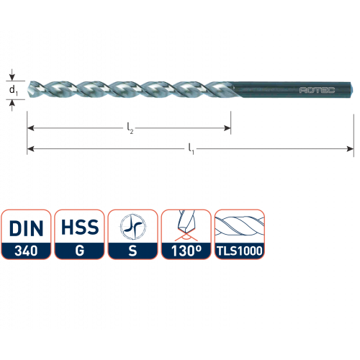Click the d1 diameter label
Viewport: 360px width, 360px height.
[14, 91]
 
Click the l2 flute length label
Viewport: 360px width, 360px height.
[130, 128]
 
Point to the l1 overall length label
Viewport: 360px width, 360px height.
[191, 149]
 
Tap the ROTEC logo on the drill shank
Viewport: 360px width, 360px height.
[317, 90]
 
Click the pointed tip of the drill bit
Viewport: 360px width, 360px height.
[29, 90]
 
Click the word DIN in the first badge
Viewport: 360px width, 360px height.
[26, 228]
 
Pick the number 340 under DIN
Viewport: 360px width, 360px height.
[26, 251]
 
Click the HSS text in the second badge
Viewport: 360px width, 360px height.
[80, 227]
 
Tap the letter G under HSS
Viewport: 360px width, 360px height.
[80, 251]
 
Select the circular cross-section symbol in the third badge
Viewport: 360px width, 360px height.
[132, 227]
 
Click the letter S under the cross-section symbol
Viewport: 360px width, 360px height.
[132, 251]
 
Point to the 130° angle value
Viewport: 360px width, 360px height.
[186, 251]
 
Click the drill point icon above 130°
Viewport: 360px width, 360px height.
[186, 225]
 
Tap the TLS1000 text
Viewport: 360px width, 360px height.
[240, 251]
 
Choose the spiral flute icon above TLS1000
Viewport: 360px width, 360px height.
[240, 227]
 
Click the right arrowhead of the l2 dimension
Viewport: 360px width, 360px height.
[227, 128]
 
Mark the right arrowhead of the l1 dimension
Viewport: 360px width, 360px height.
[350, 149]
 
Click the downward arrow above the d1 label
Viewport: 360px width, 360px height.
[12, 75]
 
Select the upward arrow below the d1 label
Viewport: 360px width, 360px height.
[12, 106]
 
